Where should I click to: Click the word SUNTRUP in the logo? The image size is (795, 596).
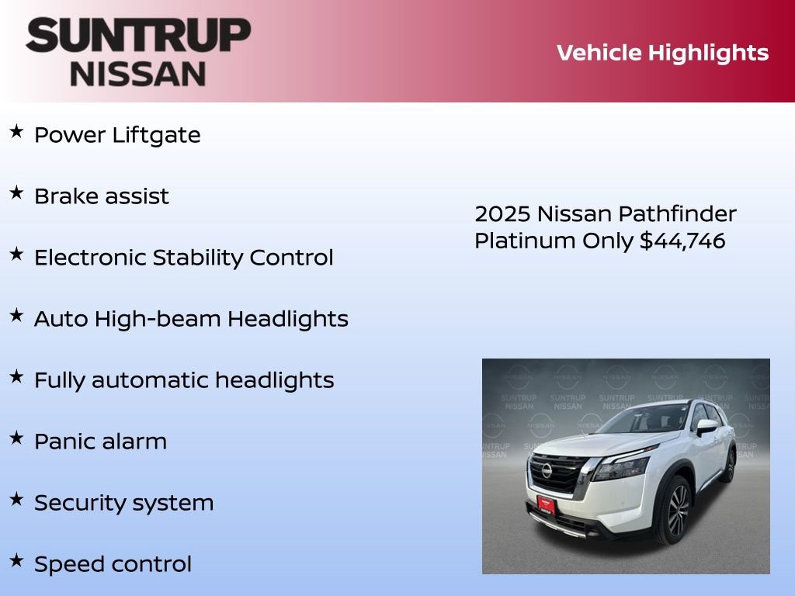pyautogui.click(x=138, y=36)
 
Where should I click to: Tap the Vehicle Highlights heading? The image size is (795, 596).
pyautogui.click(x=662, y=53)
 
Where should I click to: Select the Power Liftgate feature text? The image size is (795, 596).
pyautogui.click(x=117, y=135)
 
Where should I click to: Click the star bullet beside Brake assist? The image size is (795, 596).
pyautogui.click(x=16, y=193)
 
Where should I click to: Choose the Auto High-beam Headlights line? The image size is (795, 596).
pyautogui.click(x=191, y=319)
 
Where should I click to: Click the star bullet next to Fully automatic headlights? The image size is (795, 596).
pyautogui.click(x=16, y=377)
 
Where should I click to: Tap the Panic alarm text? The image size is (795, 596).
pyautogui.click(x=100, y=442)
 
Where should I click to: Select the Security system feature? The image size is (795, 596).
pyautogui.click(x=123, y=503)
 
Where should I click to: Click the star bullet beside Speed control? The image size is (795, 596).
pyautogui.click(x=16, y=561)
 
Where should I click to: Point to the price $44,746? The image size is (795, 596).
pyautogui.click(x=682, y=241)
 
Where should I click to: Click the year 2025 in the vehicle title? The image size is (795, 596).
pyautogui.click(x=502, y=214)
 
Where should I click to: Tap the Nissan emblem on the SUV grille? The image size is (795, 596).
pyautogui.click(x=547, y=470)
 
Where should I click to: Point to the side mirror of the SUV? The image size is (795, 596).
pyautogui.click(x=706, y=426)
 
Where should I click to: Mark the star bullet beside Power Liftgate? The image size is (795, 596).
pyautogui.click(x=16, y=132)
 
